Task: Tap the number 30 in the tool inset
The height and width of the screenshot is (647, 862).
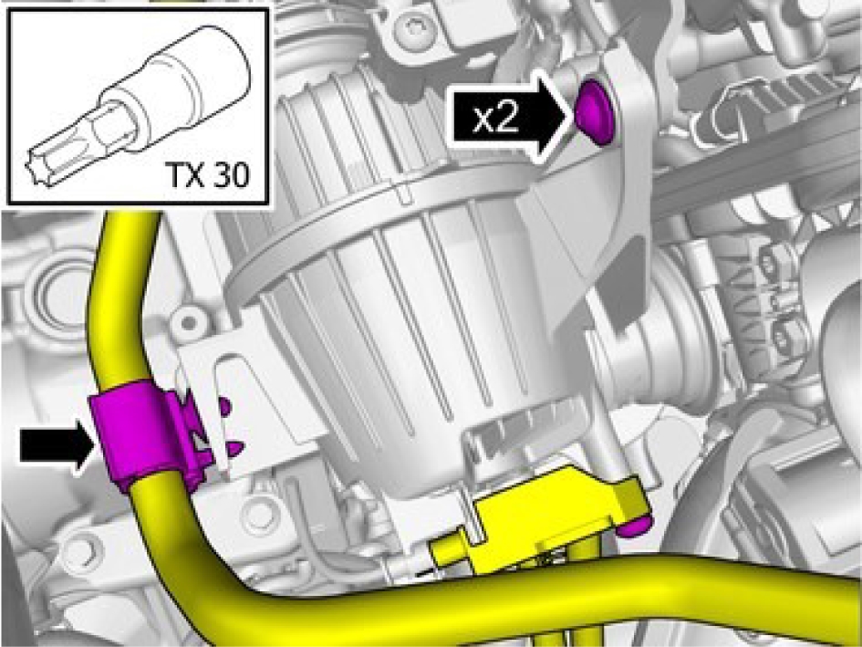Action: tap(229, 174)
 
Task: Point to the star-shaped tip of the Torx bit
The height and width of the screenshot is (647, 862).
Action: tap(38, 165)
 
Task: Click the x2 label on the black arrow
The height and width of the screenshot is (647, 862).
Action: tap(496, 118)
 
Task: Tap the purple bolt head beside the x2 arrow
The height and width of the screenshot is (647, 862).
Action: tap(595, 111)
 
